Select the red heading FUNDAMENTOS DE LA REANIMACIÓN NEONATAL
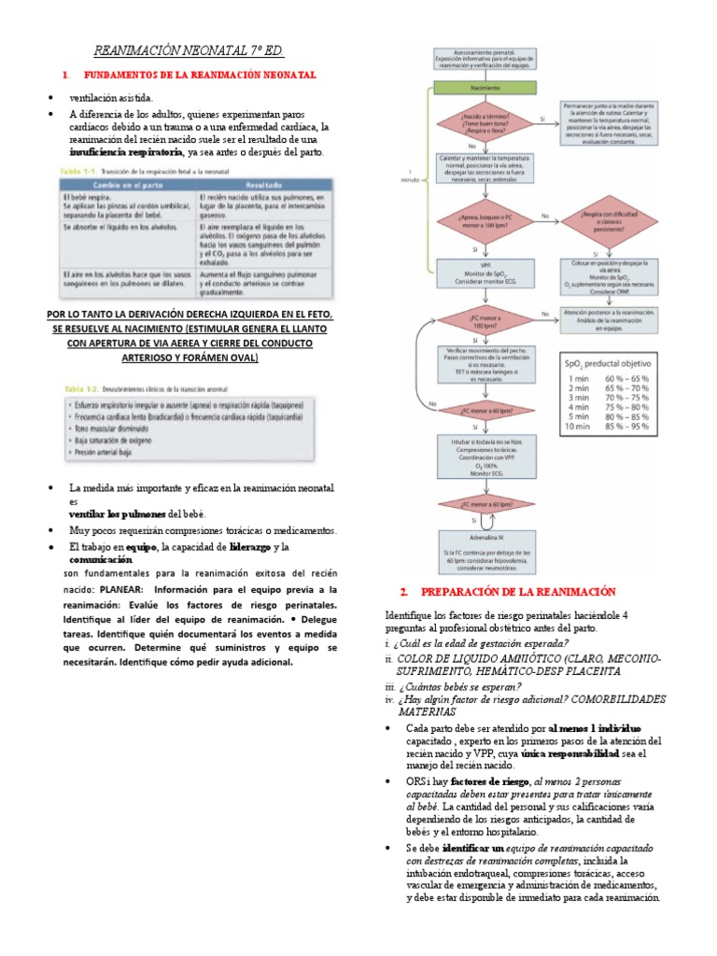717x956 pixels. click(200, 74)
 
